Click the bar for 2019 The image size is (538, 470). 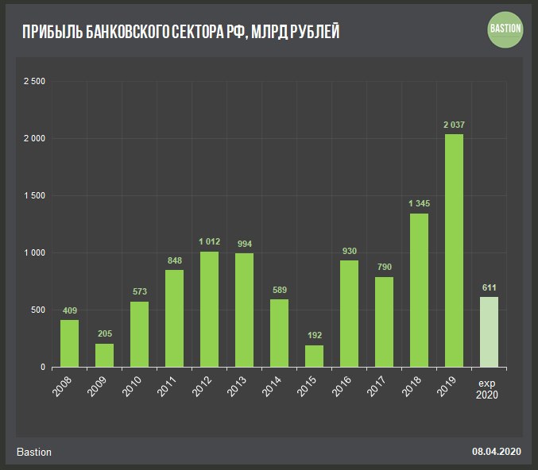[x=454, y=250]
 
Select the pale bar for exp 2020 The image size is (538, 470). [x=489, y=332]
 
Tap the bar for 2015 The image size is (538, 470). [x=314, y=356]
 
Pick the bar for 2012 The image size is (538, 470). [x=209, y=309]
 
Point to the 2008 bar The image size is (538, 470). [x=69, y=343]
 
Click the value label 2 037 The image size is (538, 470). [x=454, y=125]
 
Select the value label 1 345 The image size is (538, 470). [x=419, y=204]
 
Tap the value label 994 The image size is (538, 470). [x=244, y=244]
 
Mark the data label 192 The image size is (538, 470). [x=314, y=336]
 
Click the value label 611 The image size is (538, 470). [x=489, y=287]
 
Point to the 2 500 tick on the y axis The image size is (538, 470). [x=34, y=82]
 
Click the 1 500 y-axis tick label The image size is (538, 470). [x=34, y=196]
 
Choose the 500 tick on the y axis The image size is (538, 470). [x=38, y=310]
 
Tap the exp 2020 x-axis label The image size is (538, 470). [x=489, y=390]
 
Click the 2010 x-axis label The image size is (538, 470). [x=134, y=387]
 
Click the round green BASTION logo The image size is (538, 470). [x=505, y=29]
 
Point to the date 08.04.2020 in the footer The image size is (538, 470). [x=496, y=452]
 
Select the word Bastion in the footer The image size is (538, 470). [x=34, y=452]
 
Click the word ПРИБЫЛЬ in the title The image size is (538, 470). [x=53, y=32]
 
